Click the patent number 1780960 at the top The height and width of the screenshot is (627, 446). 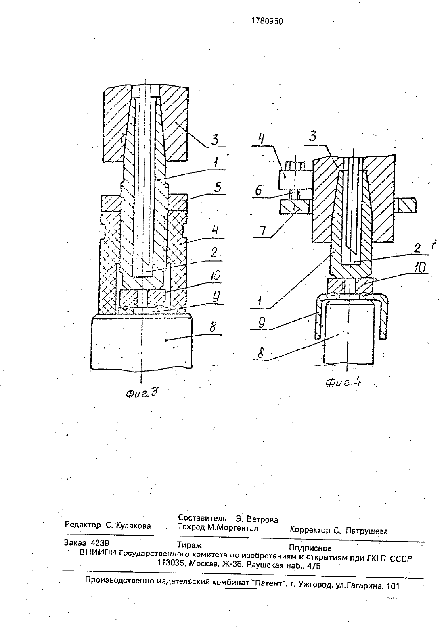tap(267, 21)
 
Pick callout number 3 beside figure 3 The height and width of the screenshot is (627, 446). tap(215, 139)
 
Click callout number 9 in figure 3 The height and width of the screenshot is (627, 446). tap(216, 297)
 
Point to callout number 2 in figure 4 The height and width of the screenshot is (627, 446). tap(417, 247)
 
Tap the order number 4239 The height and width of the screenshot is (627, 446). tap(100, 543)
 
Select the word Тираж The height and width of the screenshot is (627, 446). tap(189, 545)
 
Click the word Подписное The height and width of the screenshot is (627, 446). tap(310, 548)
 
